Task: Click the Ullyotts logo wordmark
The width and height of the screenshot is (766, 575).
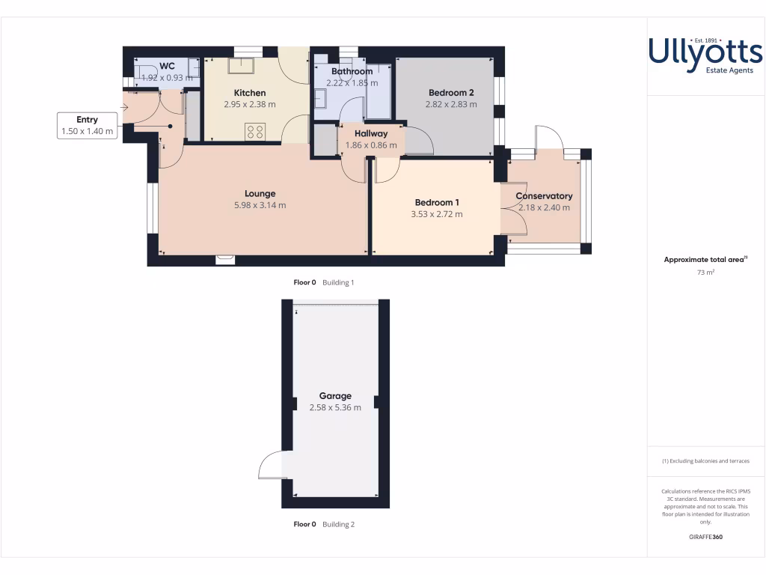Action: click(x=705, y=52)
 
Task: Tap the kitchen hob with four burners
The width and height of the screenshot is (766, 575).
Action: click(x=254, y=132)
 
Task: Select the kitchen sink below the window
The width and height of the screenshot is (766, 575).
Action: click(x=242, y=66)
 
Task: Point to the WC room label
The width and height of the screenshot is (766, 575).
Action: click(x=167, y=67)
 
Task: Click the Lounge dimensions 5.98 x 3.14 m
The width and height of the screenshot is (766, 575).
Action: click(x=260, y=205)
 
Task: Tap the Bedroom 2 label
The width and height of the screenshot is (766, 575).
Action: click(x=451, y=93)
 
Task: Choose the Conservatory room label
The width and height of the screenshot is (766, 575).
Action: click(x=544, y=196)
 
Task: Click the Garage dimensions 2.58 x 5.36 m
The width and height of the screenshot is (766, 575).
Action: click(x=335, y=408)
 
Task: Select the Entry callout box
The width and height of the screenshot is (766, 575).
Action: click(x=87, y=125)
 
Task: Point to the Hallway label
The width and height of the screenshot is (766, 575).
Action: click(x=371, y=134)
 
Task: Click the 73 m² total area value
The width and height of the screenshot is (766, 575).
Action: click(x=705, y=273)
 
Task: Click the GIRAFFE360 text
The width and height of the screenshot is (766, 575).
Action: click(x=705, y=537)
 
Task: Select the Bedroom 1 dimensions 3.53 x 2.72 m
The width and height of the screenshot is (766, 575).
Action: click(x=436, y=214)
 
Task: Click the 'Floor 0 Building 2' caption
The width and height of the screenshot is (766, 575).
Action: click(x=324, y=524)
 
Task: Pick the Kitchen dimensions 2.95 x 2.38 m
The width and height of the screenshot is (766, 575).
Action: click(x=250, y=105)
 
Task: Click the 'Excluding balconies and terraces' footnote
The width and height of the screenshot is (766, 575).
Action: click(x=705, y=461)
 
